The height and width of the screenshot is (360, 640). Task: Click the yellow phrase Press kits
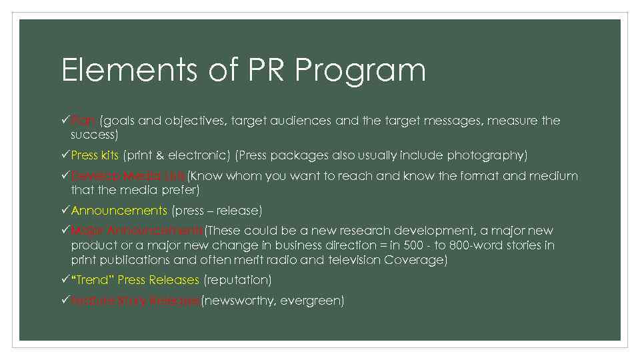(95, 155)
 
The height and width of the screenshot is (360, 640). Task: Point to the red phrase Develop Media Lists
(128, 176)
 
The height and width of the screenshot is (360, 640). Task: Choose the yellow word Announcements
(119, 211)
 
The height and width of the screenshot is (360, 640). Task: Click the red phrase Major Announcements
(137, 231)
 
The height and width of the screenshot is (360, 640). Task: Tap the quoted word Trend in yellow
(93, 280)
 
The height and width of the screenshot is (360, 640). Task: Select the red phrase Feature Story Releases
(135, 301)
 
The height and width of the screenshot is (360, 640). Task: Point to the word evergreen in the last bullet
(312, 301)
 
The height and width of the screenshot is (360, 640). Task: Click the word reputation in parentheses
(237, 280)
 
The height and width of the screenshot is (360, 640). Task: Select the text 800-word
(499, 245)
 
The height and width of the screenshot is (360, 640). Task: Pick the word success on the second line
(93, 135)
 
